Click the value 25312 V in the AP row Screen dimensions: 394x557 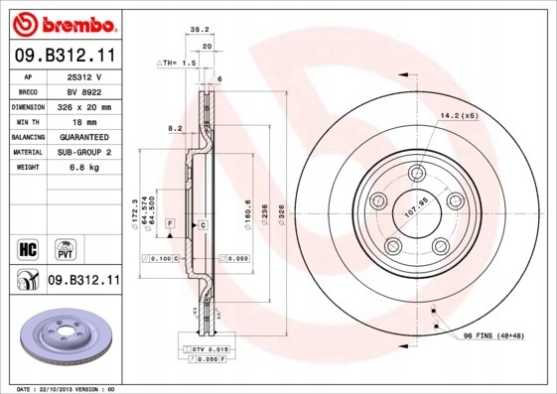(85, 75)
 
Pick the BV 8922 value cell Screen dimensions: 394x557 (85, 90)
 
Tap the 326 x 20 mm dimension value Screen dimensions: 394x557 (85, 105)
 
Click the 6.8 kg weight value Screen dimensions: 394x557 (85, 167)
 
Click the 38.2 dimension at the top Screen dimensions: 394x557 (197, 31)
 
